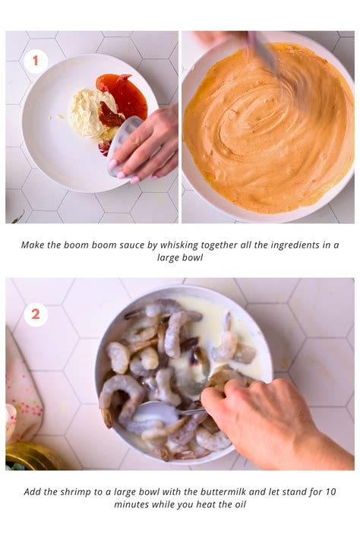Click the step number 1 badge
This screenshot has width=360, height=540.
click(x=35, y=62)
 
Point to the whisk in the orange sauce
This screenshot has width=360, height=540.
click(x=266, y=57)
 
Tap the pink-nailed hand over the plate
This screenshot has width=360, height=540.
click(x=148, y=144)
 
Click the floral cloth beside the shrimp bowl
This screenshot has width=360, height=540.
click(x=21, y=380)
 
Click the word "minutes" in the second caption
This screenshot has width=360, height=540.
click(x=133, y=504)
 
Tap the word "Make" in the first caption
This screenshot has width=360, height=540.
click(x=34, y=245)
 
